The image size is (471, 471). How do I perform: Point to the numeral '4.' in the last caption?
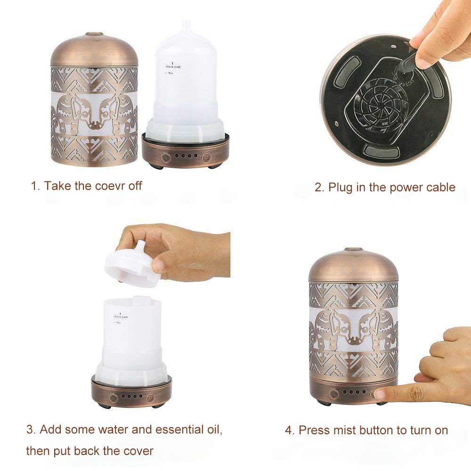coord(290,430)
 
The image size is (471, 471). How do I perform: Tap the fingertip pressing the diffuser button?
coord(381,394)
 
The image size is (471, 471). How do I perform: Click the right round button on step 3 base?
coord(149,397)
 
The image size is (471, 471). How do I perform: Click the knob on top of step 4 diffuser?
coord(353,249)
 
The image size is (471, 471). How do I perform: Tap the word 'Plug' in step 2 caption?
coord(340,187)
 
